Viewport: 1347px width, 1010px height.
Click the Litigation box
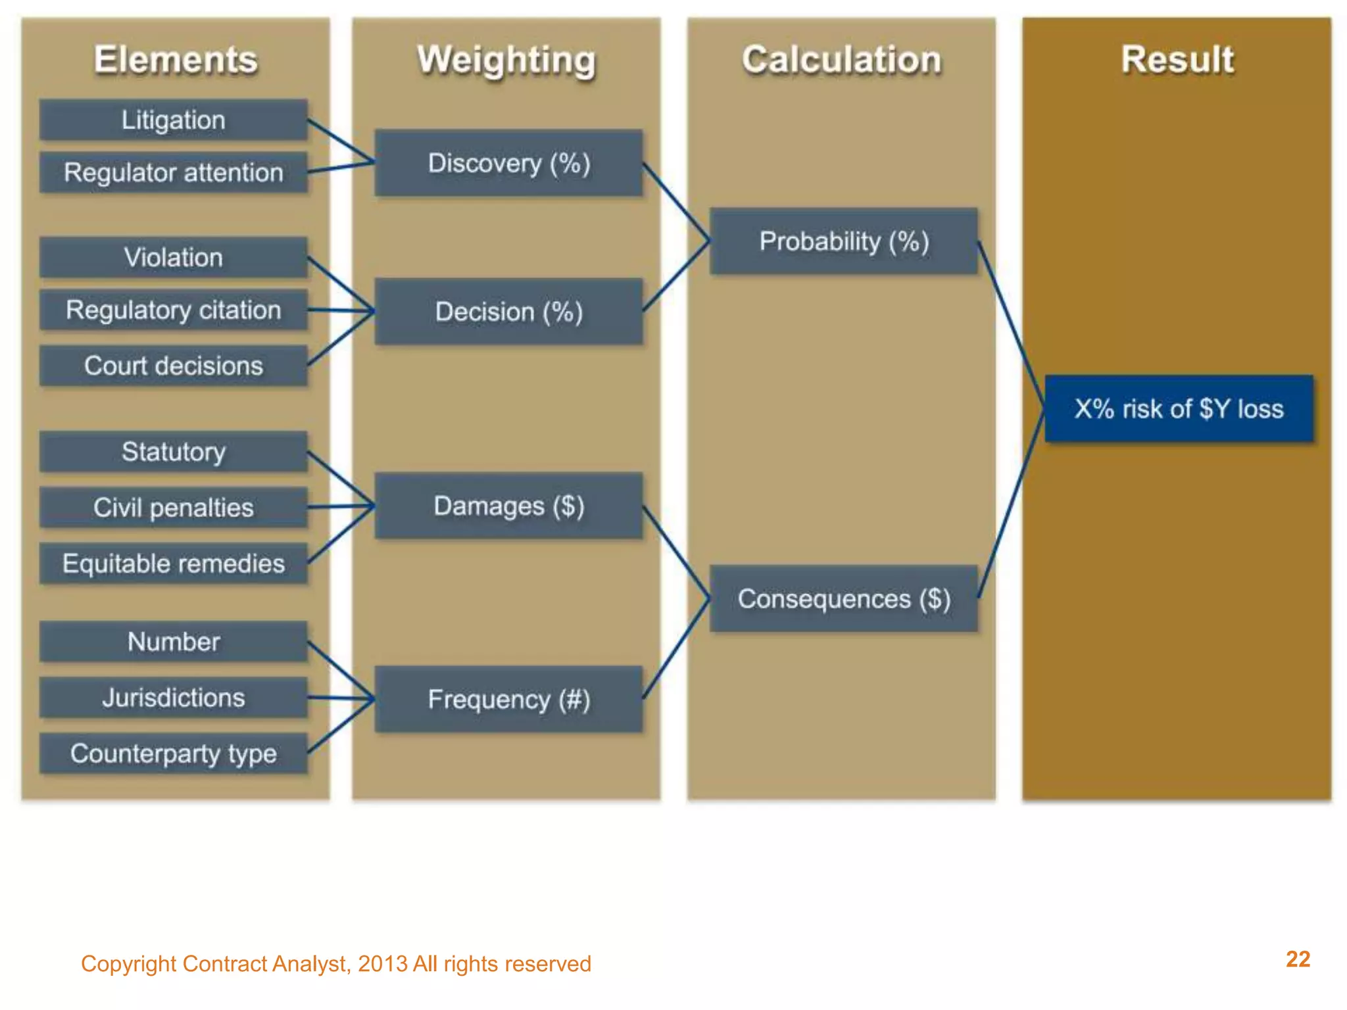(x=173, y=120)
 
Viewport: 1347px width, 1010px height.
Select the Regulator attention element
(x=173, y=173)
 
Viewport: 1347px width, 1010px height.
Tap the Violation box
(x=173, y=258)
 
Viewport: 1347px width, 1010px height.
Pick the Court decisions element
(x=173, y=366)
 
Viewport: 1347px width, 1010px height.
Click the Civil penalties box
(x=173, y=508)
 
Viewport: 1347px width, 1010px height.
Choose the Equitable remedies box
(x=173, y=564)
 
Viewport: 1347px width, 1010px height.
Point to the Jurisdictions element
(x=173, y=698)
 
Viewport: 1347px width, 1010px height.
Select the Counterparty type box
(x=173, y=754)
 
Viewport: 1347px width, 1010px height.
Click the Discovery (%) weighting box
(x=508, y=163)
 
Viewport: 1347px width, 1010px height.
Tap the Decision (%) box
(x=508, y=312)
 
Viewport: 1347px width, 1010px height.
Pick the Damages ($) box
(x=508, y=506)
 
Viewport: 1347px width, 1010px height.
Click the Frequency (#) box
(x=508, y=700)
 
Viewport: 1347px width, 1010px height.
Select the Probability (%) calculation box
(x=844, y=241)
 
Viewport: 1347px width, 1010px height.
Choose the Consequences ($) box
(x=844, y=599)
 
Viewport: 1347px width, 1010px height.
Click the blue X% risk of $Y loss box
(x=1179, y=409)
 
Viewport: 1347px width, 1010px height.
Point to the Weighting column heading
(x=506, y=60)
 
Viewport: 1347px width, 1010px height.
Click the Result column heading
(x=1177, y=60)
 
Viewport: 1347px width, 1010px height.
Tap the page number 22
(x=1298, y=959)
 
